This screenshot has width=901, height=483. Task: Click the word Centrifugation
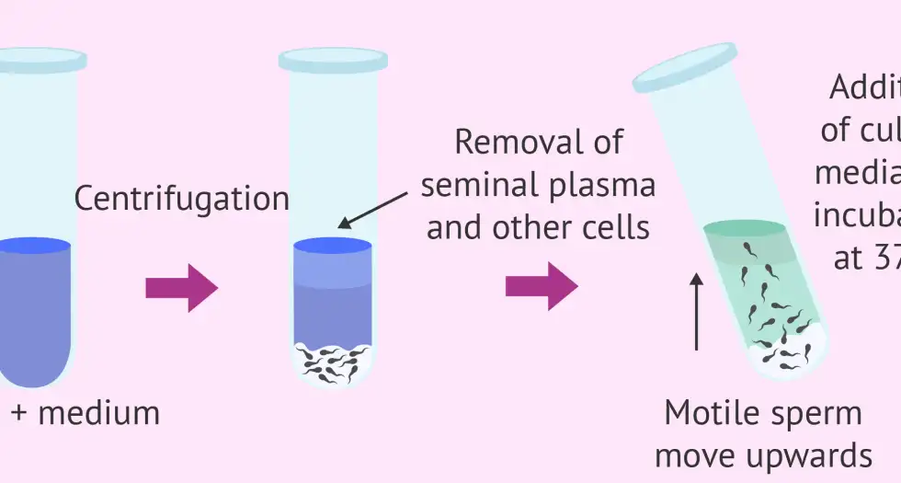coord(181,199)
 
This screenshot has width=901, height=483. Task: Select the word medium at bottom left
coord(99,413)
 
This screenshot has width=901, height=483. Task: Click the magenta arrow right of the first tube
coord(181,288)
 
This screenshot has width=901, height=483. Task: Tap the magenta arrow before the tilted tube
coord(541,288)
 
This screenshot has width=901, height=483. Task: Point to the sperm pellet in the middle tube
coord(332,362)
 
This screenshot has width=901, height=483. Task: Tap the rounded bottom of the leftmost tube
coord(37,373)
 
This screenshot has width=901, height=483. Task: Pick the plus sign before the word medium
coord(18,414)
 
